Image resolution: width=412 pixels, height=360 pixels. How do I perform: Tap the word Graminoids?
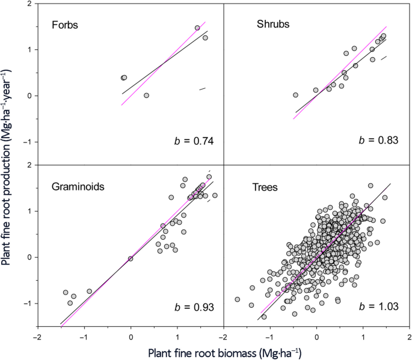point(78,187)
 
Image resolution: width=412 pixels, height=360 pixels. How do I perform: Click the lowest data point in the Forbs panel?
point(146,96)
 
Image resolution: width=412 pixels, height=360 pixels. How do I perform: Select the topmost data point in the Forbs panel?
point(197,28)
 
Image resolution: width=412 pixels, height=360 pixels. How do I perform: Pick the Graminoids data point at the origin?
point(131,258)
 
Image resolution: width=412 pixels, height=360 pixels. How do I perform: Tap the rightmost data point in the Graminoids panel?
point(215,195)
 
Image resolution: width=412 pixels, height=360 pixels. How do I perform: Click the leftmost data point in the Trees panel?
point(237,299)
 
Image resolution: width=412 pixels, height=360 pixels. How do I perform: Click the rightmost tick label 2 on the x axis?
point(409,338)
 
